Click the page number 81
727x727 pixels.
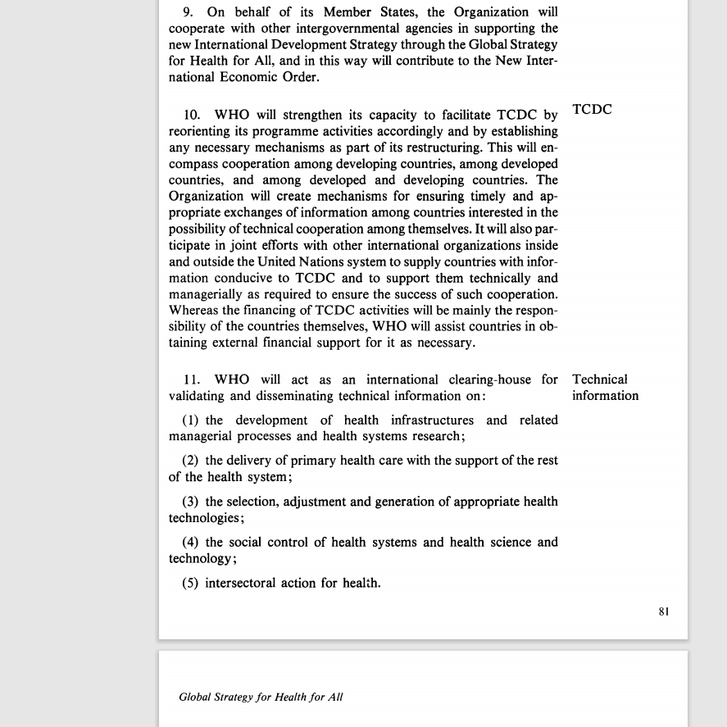[x=664, y=611]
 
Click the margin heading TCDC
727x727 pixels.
[x=592, y=110]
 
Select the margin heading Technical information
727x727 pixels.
[x=605, y=388]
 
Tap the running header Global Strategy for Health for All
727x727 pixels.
[x=261, y=697]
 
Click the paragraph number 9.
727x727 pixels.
[x=188, y=12]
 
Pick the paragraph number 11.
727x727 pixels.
[x=192, y=380]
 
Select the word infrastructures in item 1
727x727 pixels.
[x=426, y=420]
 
